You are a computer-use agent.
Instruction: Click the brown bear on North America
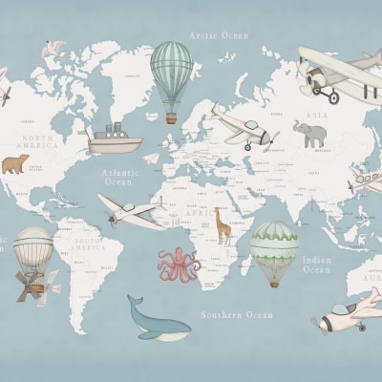14,164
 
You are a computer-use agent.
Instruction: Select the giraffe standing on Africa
223,225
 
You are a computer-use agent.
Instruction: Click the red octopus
178,264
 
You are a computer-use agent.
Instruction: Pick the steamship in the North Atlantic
115,139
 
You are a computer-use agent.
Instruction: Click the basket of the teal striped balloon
172,117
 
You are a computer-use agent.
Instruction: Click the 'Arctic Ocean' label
218,35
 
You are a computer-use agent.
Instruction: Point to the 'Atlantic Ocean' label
120,177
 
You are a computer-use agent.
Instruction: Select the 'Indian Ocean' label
317,265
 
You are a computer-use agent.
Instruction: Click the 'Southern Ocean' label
236,314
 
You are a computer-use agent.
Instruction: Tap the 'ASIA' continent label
316,116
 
